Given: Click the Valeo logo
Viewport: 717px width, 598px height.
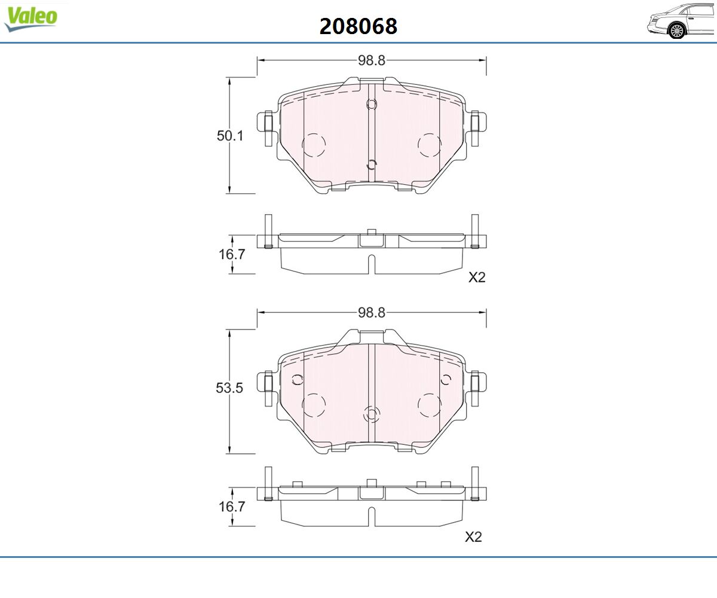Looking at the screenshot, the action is [30, 19].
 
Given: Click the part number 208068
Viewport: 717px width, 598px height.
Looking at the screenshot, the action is [358, 26].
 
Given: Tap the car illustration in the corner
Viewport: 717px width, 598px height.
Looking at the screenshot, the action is [681, 21].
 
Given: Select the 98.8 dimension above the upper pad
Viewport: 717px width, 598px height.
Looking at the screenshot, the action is [372, 60].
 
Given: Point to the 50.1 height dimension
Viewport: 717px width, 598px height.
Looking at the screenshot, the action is [229, 136].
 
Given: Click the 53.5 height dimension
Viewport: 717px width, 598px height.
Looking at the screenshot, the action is [229, 388].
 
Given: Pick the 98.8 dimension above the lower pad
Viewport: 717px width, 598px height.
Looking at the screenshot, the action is [372, 313].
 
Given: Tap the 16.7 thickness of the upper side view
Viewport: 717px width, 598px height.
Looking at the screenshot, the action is [232, 254].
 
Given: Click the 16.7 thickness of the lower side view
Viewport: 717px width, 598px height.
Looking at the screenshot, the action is [232, 507].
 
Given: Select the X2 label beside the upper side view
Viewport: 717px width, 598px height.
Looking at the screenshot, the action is [477, 277].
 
